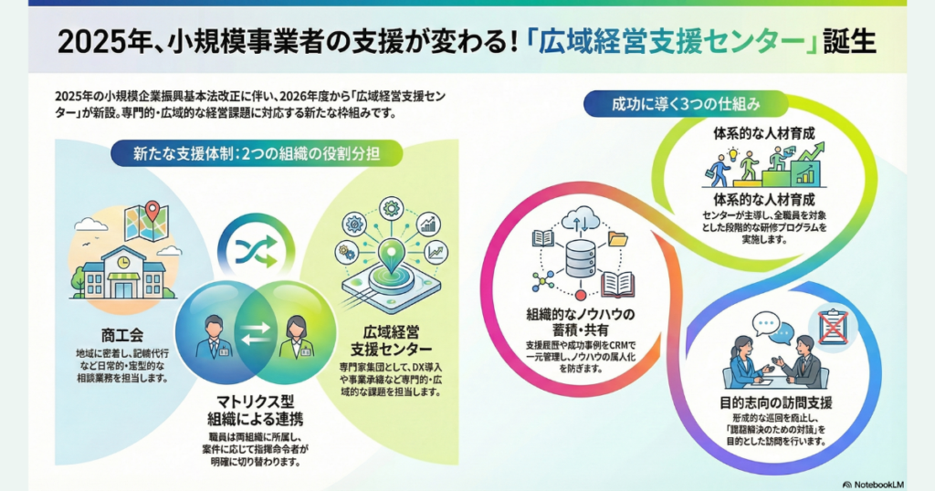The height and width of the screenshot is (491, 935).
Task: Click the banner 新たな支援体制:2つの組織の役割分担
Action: click(255, 152)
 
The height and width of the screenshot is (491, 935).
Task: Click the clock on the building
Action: click(122, 262)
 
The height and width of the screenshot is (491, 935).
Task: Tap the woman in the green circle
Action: click(299, 335)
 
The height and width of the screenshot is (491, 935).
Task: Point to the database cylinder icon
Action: click(581, 259)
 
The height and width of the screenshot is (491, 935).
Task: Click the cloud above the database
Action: click(580, 219)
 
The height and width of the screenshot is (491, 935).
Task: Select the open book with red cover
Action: click(618, 284)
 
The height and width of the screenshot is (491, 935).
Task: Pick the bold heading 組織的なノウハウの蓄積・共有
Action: click(581, 323)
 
